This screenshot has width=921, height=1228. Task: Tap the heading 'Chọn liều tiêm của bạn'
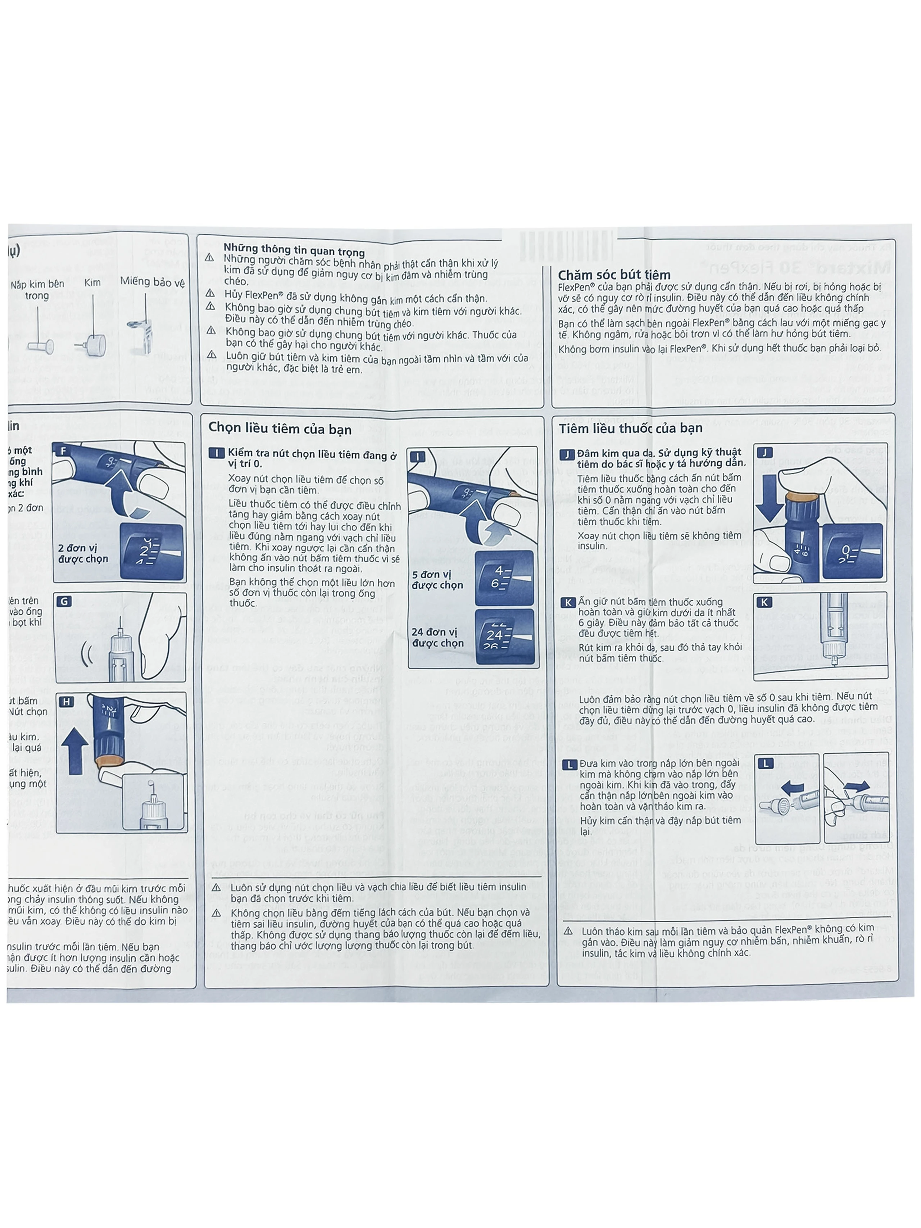pos(280,429)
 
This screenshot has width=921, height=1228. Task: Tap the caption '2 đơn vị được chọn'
pos(83,553)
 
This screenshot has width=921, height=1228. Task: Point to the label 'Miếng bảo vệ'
pos(152,282)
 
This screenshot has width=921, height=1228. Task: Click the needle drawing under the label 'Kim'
pos(92,334)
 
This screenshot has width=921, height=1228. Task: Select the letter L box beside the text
pos(569,765)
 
